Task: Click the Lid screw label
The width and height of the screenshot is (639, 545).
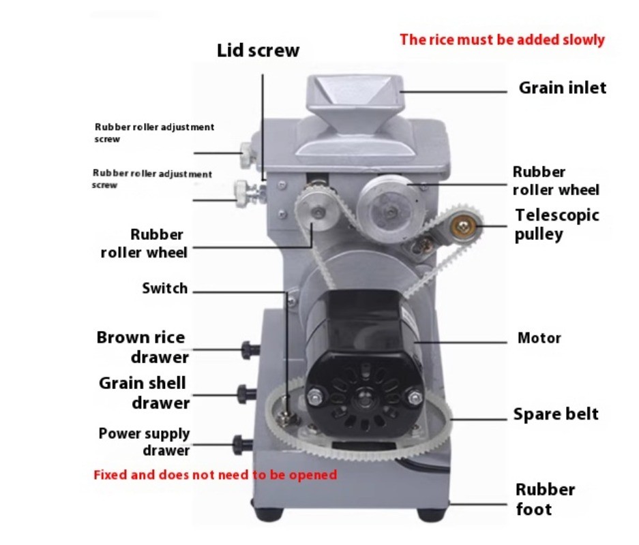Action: coord(258,50)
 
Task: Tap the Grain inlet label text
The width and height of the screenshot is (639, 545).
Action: coord(562,88)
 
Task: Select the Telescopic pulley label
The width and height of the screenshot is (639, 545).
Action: coord(556,225)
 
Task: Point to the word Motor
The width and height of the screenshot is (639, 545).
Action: coord(539,338)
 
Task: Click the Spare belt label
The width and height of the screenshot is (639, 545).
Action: coord(555,414)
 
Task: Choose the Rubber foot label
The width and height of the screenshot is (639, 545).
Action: coord(544,499)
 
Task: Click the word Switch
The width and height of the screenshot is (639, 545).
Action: coord(164,288)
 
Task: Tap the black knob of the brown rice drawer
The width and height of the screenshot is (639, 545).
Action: coord(248,350)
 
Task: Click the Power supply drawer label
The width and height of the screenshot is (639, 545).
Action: coord(145,441)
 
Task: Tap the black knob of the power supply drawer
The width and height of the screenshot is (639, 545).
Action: coord(240,444)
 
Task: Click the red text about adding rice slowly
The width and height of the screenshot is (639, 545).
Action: coord(502,40)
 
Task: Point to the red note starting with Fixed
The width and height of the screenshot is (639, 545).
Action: coord(215,474)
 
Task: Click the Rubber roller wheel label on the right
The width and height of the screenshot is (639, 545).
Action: coord(555,181)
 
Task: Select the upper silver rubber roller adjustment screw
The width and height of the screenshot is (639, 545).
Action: coord(247,153)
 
